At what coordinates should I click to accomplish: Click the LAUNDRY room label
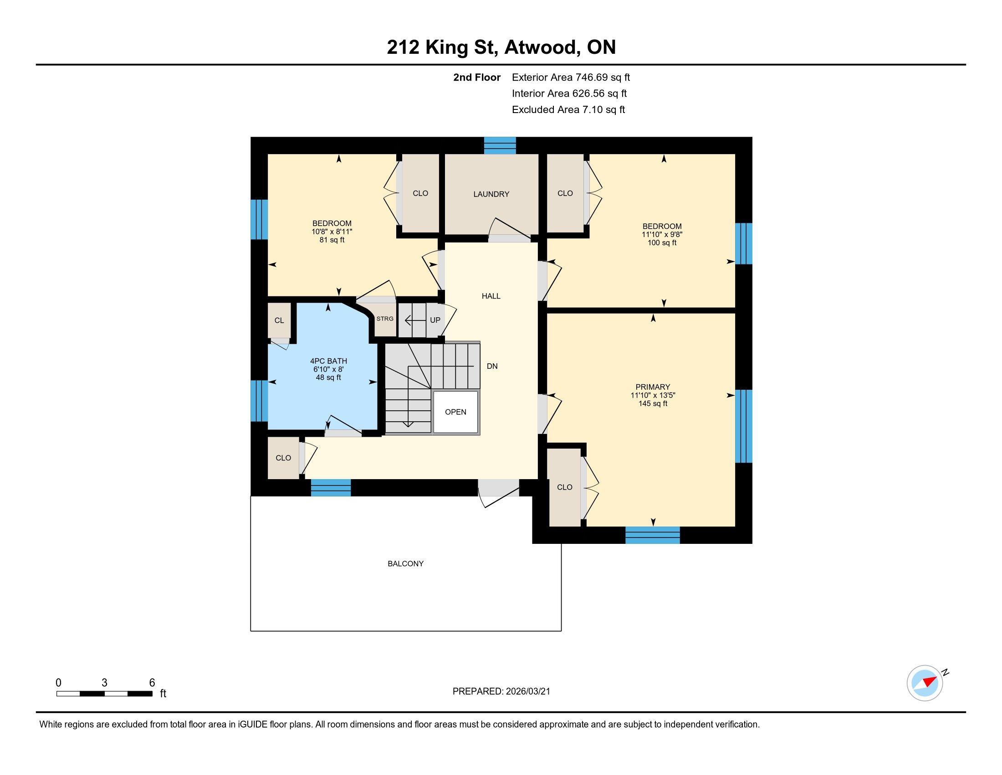click(491, 194)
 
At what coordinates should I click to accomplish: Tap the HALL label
click(491, 296)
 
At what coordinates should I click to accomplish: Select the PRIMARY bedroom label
click(652, 387)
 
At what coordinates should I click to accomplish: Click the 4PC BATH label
click(328, 362)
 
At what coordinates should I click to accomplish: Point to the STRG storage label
click(385, 319)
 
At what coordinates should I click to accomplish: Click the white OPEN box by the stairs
click(455, 412)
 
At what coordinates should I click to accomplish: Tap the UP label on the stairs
click(435, 320)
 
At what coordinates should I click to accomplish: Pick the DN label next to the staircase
click(492, 367)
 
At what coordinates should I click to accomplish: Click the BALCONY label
click(405, 564)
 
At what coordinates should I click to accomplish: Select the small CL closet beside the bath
click(279, 320)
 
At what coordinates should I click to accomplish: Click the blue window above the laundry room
click(500, 145)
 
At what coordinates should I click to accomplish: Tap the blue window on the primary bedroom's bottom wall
click(652, 535)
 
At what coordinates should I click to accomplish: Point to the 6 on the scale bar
click(152, 683)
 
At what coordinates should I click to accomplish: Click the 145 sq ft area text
click(652, 403)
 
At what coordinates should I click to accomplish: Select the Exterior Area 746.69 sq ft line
click(571, 77)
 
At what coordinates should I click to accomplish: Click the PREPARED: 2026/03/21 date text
click(501, 692)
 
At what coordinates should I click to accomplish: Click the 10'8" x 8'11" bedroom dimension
click(332, 232)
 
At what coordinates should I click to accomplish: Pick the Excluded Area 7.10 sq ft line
click(568, 110)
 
